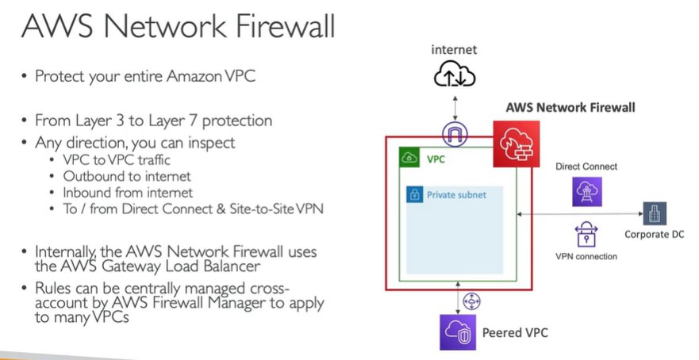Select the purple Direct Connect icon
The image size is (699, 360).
click(588, 191)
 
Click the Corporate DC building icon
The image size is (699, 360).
click(654, 213)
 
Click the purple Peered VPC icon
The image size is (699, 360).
click(457, 331)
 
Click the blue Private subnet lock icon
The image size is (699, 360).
click(413, 194)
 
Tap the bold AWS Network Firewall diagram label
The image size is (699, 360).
click(570, 106)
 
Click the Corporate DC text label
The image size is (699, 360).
click(654, 235)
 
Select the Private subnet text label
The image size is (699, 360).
click(456, 194)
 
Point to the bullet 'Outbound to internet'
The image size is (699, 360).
click(127, 176)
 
